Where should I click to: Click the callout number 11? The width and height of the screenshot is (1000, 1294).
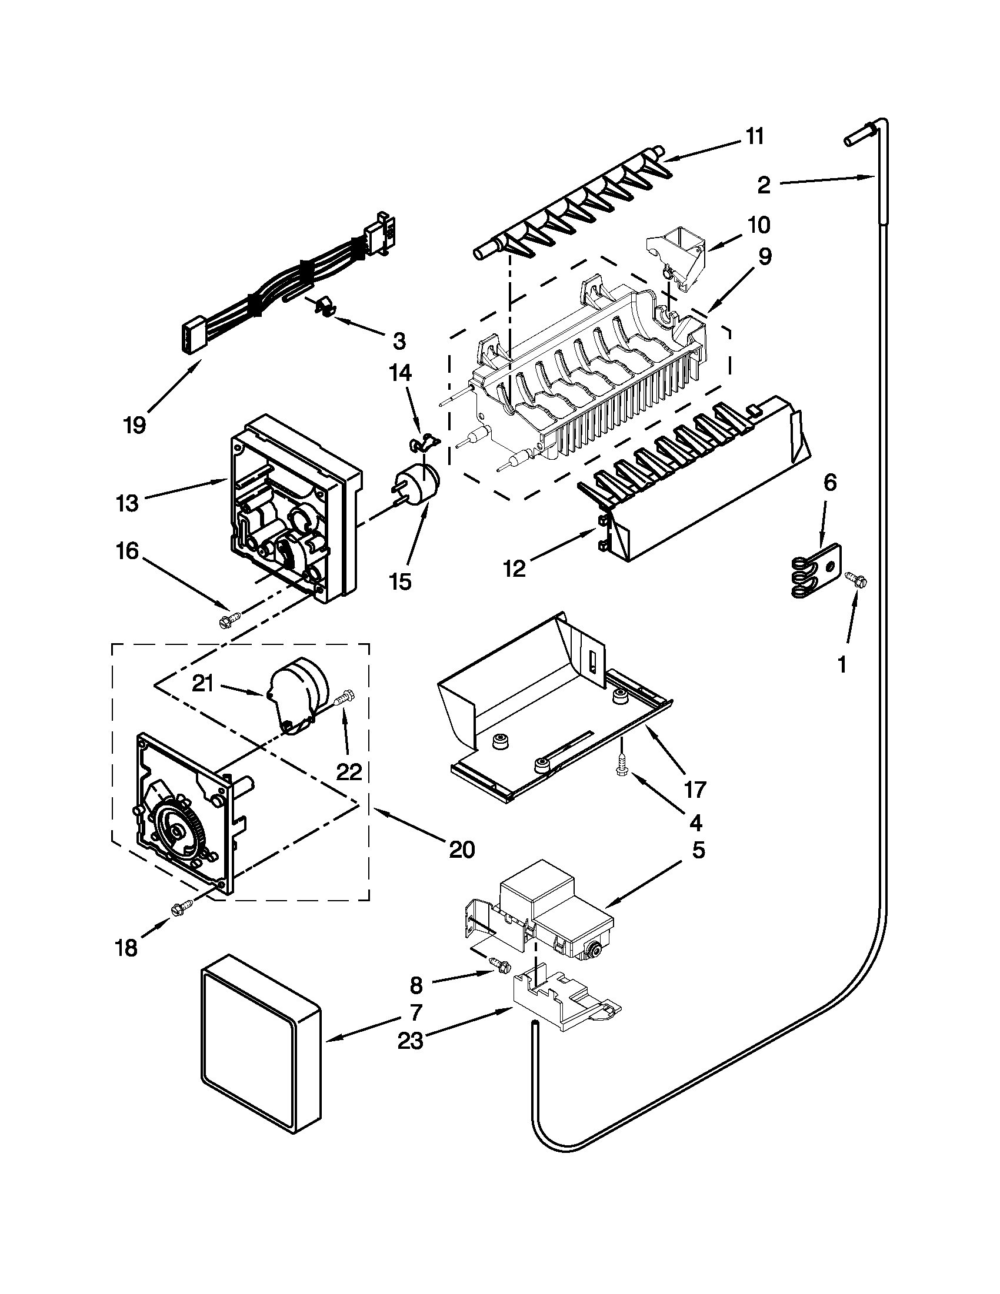(x=754, y=136)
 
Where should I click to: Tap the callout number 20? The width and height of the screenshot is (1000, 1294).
(x=462, y=850)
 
